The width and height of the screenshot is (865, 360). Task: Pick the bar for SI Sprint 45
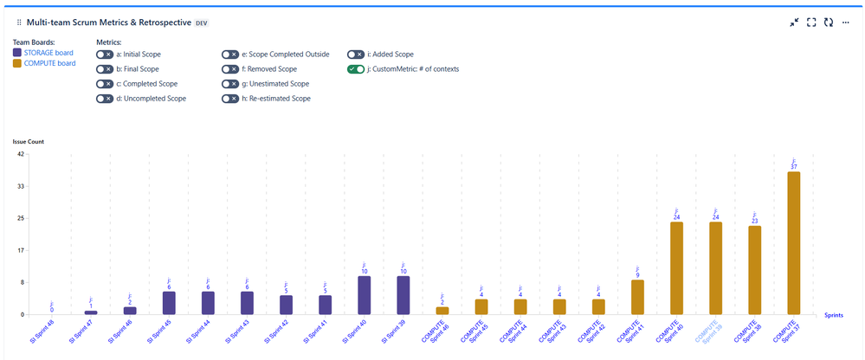click(169, 303)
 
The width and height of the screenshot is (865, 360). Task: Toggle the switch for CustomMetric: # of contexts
click(356, 69)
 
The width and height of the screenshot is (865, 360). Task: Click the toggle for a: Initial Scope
click(105, 55)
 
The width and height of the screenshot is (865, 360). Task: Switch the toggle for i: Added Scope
click(356, 55)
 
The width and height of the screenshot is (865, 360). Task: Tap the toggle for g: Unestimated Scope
click(230, 84)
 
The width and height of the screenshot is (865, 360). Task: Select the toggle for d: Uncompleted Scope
click(105, 99)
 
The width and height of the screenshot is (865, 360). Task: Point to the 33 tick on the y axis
click(20, 186)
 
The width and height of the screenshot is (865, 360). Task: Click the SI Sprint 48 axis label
click(42, 331)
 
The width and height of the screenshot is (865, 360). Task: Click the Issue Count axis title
click(28, 141)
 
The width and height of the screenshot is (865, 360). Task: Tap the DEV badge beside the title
click(201, 22)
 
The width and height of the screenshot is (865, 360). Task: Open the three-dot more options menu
click(846, 22)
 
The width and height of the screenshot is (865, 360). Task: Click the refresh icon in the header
click(829, 22)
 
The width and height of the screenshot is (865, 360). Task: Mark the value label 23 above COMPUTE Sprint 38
click(754, 222)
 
